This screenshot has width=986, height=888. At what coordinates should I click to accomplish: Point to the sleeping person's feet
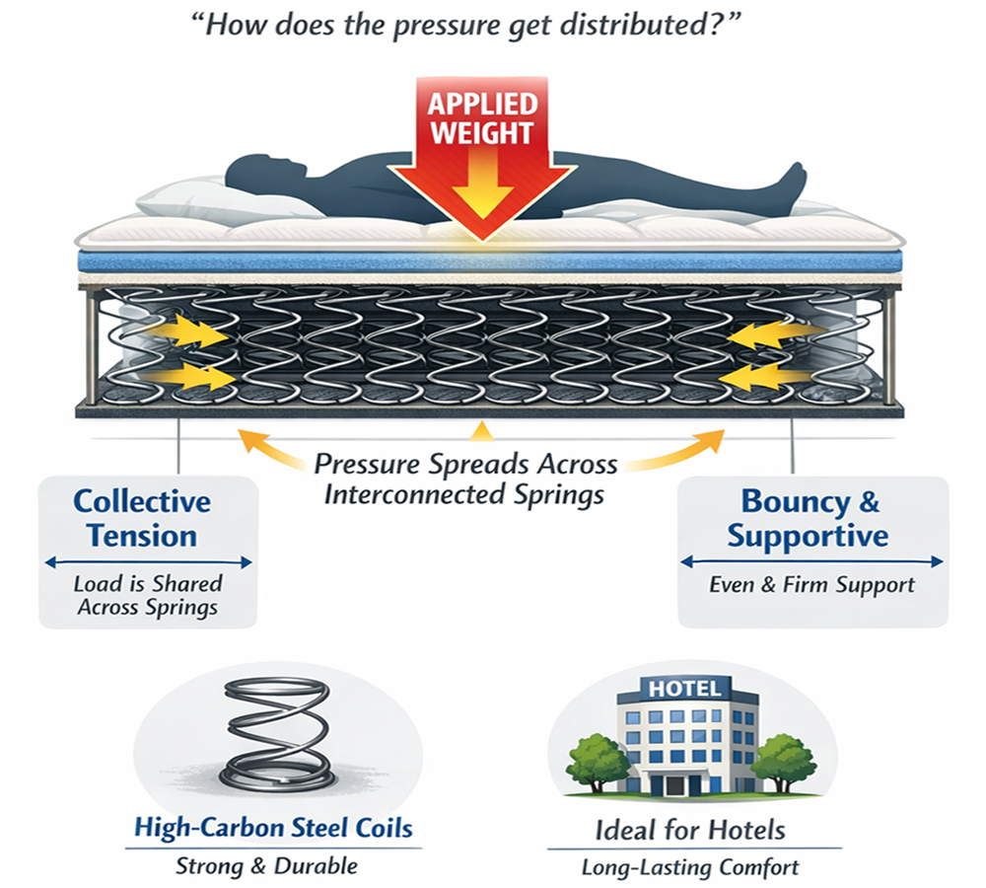coord(789,183)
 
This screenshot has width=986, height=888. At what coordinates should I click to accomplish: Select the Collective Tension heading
coord(143,518)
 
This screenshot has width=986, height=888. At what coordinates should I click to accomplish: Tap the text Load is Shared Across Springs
coord(147,595)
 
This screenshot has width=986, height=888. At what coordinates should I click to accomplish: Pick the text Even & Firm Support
coord(811,584)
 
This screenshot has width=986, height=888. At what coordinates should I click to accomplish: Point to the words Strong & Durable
coord(266,866)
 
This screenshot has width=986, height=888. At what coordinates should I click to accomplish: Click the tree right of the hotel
coord(784,755)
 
